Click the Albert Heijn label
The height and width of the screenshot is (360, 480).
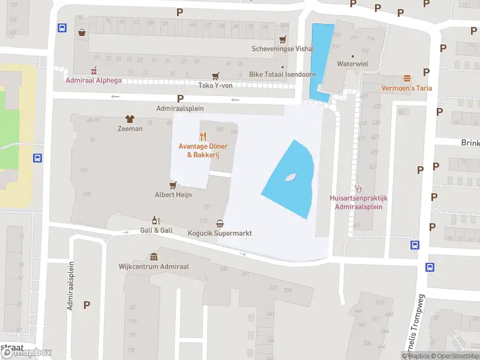(173, 195)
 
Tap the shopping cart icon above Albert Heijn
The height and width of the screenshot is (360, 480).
(173, 185)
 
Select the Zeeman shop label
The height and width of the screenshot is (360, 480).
(130, 128)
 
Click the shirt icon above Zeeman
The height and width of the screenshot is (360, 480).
(130, 119)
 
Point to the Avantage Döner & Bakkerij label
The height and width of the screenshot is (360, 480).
(203, 151)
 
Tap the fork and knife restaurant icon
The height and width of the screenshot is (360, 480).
(203, 136)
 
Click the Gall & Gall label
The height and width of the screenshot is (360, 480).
(156, 230)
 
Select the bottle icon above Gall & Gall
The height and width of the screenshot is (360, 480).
(156, 220)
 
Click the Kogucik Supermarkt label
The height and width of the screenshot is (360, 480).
(220, 233)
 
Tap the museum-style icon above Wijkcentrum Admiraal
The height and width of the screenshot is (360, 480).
(154, 256)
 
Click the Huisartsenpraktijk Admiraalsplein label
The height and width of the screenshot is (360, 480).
(359, 202)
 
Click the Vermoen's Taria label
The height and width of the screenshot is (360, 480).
(406, 88)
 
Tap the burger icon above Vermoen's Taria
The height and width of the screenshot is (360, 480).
(407, 79)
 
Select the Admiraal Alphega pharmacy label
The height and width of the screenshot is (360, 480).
(93, 80)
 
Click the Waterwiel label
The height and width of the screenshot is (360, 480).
(352, 63)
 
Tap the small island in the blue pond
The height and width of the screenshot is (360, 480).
(291, 177)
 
